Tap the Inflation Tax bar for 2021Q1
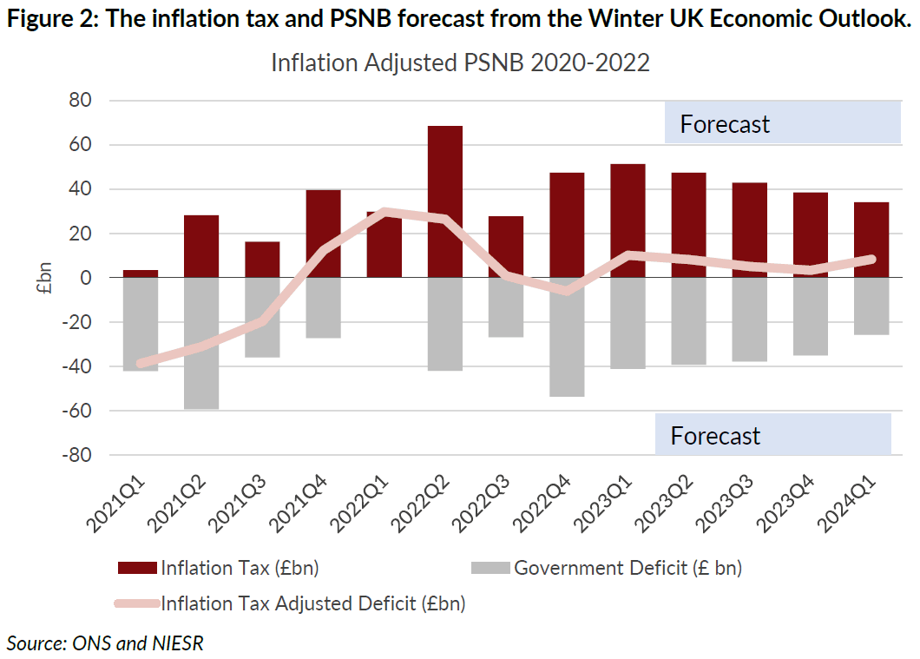pyautogui.click(x=140, y=273)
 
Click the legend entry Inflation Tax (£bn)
pyautogui.click(x=240, y=569)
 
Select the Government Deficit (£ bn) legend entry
pyautogui.click(x=628, y=569)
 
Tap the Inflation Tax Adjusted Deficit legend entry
pyautogui.click(x=312, y=603)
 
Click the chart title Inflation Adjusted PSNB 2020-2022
pyautogui.click(x=460, y=63)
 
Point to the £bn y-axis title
pyautogui.click(x=44, y=278)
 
